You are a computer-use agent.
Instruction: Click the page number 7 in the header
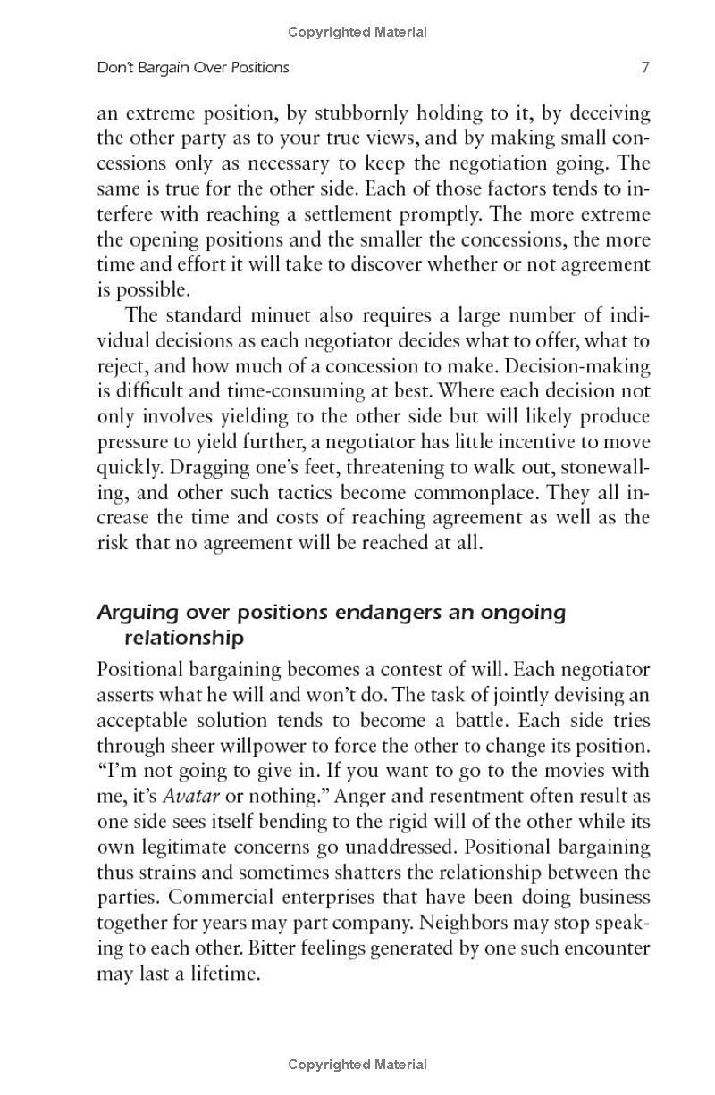click(x=644, y=67)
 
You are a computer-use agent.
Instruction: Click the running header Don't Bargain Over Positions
click(x=193, y=67)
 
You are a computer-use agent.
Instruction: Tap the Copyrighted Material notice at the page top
click(x=357, y=32)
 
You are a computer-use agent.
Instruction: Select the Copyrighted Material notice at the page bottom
click(x=357, y=1064)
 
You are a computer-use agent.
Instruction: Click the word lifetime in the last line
click(x=220, y=974)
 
